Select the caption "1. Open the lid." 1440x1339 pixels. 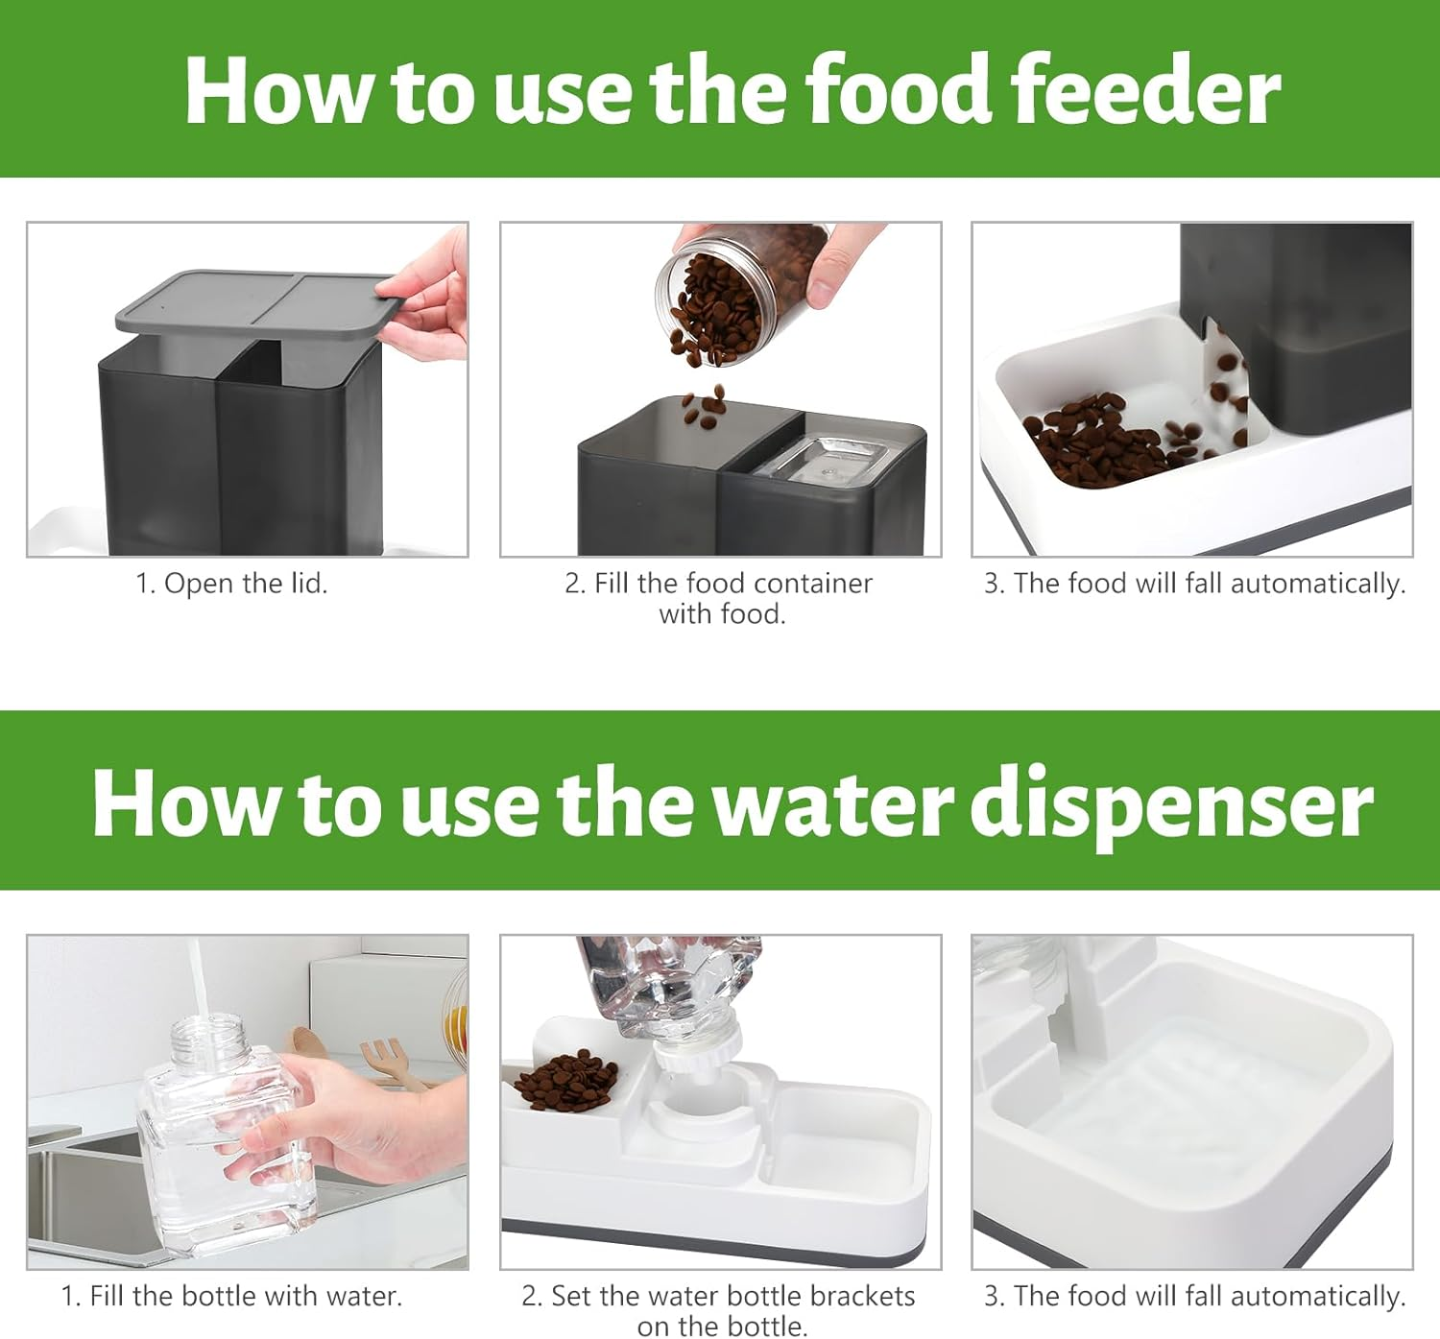pos(231,583)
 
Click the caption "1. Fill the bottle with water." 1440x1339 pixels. pos(231,1296)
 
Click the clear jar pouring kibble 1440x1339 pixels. pos(739,288)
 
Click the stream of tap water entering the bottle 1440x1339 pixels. pos(196,979)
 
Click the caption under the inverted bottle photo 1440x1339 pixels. pos(720,1310)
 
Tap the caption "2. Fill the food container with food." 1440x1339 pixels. pos(720,597)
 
